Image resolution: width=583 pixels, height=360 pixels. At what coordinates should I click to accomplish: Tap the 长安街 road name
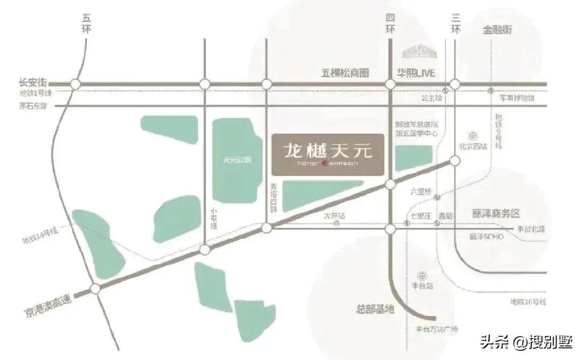point(32,83)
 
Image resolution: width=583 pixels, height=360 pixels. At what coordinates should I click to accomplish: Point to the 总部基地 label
point(375,309)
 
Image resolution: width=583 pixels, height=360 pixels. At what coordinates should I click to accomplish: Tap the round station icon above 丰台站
point(423,274)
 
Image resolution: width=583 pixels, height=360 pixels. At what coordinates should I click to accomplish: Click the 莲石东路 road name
point(33,106)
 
